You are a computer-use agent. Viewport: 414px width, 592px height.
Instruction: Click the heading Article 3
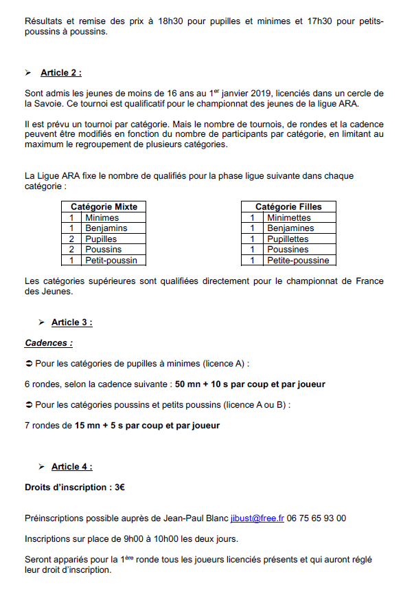71,322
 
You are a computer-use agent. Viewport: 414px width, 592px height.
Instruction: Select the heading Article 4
71,467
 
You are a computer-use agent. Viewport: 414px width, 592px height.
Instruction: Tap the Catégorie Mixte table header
104,206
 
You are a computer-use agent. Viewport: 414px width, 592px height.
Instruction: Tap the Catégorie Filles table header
288,206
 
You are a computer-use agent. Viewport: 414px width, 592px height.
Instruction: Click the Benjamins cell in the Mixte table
106,228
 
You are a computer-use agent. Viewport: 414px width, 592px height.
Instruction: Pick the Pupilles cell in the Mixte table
101,239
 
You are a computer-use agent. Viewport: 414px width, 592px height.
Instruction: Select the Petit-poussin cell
111,261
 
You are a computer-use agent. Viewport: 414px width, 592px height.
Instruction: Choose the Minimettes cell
289,217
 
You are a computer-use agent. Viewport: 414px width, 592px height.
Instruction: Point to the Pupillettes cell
288,239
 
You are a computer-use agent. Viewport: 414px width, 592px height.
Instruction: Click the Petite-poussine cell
298,261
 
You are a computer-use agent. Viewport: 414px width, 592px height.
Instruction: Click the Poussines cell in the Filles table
288,250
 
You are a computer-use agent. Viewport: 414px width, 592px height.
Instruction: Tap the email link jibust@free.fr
257,518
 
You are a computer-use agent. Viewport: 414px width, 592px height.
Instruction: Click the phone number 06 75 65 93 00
317,518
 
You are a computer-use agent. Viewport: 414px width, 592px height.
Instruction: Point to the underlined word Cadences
48,342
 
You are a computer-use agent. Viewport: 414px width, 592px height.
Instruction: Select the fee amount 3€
119,487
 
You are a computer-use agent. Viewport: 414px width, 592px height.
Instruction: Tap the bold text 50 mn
187,384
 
